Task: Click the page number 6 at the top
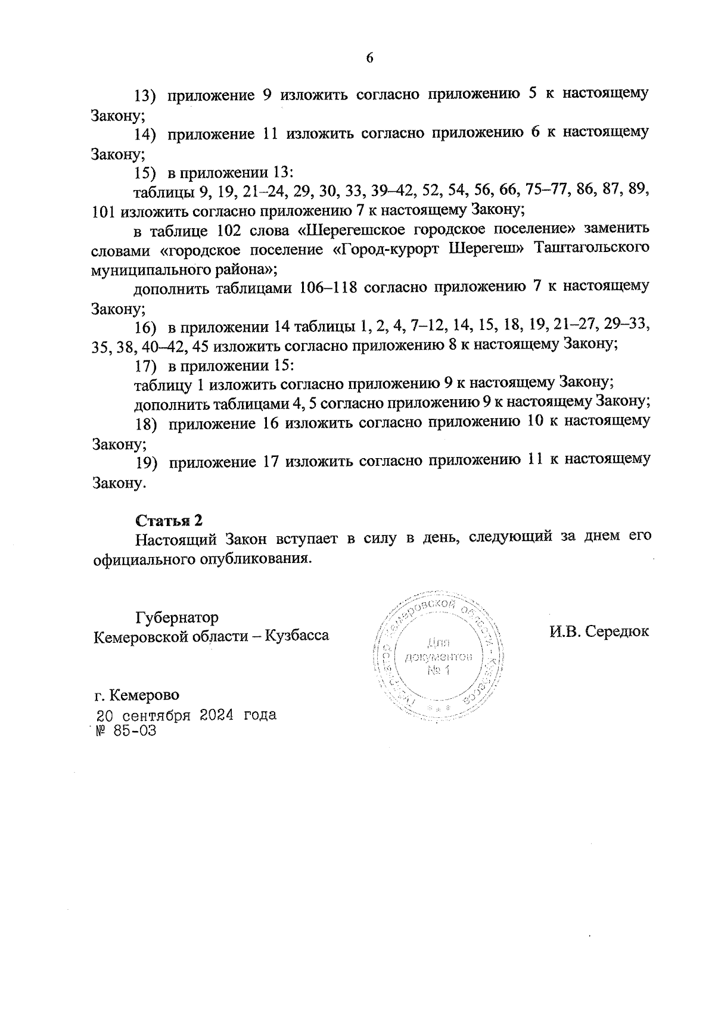369,58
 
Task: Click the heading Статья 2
169,520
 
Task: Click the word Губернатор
177,617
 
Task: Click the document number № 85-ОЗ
125,731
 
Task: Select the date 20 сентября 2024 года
186,715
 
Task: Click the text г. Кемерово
136,695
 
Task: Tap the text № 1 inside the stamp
439,671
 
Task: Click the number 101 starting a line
105,210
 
